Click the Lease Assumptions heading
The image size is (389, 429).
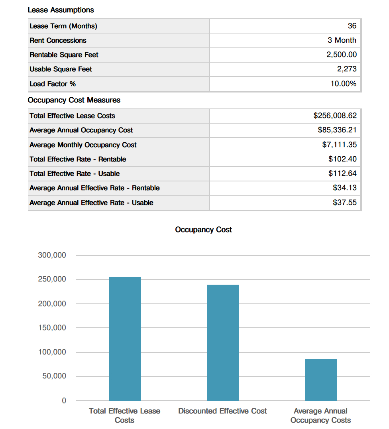coord(61,10)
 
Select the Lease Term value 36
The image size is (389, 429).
coord(352,26)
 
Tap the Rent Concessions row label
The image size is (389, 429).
coord(58,40)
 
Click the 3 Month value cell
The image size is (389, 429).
coord(342,40)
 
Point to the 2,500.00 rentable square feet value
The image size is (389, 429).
coord(341,55)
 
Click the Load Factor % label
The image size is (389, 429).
coord(53,84)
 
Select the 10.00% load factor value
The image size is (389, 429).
coord(343,84)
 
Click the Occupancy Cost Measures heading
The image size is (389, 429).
coord(74,100)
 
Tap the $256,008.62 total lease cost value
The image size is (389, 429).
coord(335,116)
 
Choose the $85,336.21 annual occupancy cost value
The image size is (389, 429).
coord(337,130)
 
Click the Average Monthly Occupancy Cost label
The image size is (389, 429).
coord(83,145)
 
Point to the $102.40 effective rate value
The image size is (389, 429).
coord(342,159)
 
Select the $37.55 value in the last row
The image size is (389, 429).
coord(344,203)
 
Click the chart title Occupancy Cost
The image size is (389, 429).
coord(203,230)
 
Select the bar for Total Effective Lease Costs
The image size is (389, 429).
coord(125,339)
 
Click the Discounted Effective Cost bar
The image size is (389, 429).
coord(223,343)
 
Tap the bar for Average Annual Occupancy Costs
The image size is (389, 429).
coord(321,380)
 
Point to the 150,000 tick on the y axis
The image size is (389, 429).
coord(52,328)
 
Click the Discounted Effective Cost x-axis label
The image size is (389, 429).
coord(222,411)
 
